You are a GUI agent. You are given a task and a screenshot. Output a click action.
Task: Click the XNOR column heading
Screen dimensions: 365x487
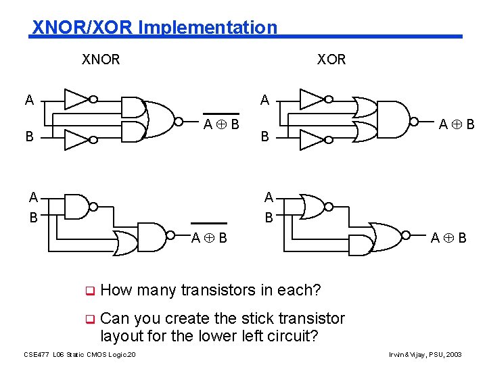pyautogui.click(x=101, y=59)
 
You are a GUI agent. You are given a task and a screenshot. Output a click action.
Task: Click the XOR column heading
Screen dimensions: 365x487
pyautogui.click(x=331, y=59)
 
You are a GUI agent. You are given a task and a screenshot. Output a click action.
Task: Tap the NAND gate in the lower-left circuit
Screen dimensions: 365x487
pyautogui.click(x=78, y=208)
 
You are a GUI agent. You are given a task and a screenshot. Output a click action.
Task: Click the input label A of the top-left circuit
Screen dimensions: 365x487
pyautogui.click(x=28, y=101)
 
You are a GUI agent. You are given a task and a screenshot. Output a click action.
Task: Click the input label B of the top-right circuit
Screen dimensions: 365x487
pyautogui.click(x=265, y=137)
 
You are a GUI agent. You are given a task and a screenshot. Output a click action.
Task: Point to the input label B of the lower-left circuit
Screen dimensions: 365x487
pyautogui.click(x=33, y=218)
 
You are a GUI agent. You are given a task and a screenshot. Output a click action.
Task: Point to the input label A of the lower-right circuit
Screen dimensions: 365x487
pyautogui.click(x=269, y=197)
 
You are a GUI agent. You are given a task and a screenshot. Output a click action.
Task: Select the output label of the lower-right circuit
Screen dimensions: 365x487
pyautogui.click(x=448, y=237)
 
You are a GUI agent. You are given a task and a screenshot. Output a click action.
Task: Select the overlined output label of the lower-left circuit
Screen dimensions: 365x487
pyautogui.click(x=209, y=237)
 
